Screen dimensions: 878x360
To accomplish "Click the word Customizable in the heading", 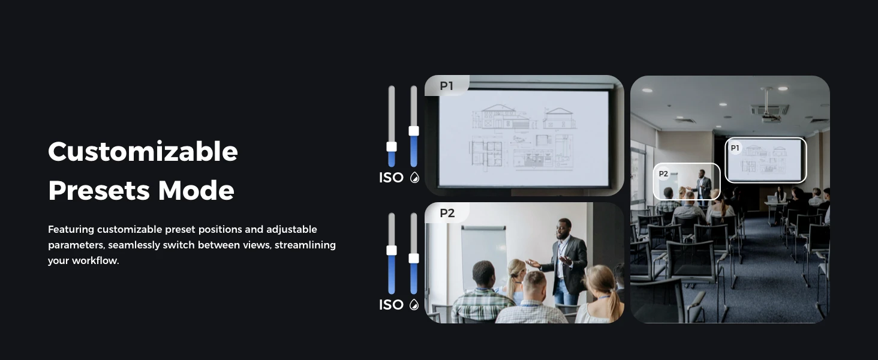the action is (x=143, y=152).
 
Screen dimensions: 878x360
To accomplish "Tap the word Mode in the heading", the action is (x=196, y=191).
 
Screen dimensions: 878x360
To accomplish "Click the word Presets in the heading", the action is (x=99, y=191).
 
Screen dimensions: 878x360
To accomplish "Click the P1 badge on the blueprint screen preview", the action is (x=446, y=85).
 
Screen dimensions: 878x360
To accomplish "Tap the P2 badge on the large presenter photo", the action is (x=447, y=213).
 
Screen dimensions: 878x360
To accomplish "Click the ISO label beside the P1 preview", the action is (x=391, y=178).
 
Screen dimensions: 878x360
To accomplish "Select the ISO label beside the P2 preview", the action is (x=391, y=305).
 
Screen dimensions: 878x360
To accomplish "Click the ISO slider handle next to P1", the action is (x=392, y=146).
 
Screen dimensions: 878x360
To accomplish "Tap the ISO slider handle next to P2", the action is (x=392, y=250).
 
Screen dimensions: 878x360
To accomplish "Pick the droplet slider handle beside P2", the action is (x=414, y=258).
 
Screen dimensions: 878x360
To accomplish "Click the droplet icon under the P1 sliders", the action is (x=414, y=178).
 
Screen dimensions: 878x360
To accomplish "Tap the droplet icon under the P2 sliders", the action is (x=414, y=305).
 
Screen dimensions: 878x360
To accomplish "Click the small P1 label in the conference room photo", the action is (x=735, y=148).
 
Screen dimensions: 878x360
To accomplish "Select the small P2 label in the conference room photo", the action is (x=663, y=174).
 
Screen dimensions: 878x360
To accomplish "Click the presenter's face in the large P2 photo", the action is (x=564, y=229).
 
